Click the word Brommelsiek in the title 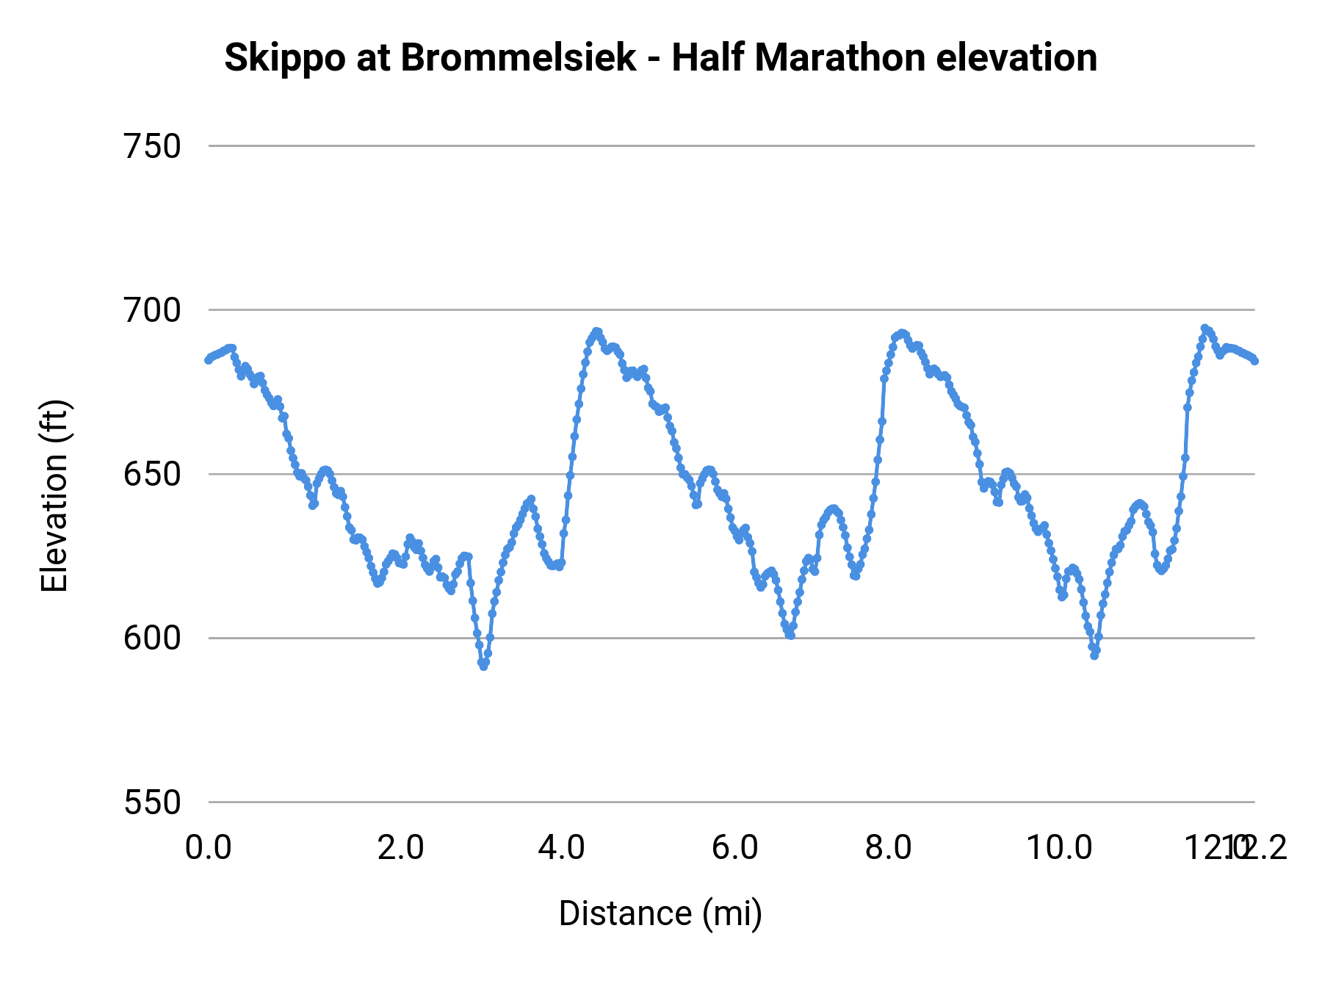click(x=518, y=57)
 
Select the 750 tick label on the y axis click(x=152, y=146)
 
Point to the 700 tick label click(x=152, y=310)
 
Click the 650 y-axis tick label click(x=152, y=474)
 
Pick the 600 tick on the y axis click(x=152, y=638)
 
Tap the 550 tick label click(x=152, y=802)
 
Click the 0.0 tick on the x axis click(x=209, y=848)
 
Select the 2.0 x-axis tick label click(x=400, y=848)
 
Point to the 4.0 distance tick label click(x=561, y=848)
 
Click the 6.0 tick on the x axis click(x=734, y=848)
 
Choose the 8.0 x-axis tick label click(x=888, y=848)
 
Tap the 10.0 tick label click(x=1059, y=848)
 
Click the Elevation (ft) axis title click(x=54, y=496)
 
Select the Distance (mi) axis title click(x=660, y=914)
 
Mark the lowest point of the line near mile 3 click(x=483, y=666)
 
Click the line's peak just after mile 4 click(x=596, y=331)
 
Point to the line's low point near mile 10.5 click(x=1094, y=655)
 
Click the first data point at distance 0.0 click(x=209, y=359)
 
